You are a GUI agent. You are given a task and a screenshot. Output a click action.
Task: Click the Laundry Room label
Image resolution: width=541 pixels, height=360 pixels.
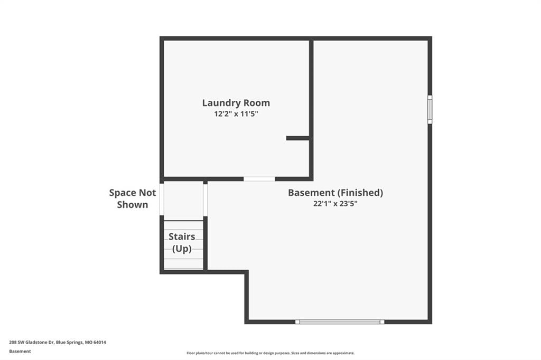coord(236,103)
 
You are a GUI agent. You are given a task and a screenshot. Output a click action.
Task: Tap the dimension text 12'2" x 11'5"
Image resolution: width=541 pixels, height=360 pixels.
coord(236,114)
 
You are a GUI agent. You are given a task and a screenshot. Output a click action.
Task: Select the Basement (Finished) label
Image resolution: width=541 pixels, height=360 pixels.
coord(335,193)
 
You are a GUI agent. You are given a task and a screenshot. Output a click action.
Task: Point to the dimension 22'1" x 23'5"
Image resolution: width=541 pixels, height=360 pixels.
coord(335,203)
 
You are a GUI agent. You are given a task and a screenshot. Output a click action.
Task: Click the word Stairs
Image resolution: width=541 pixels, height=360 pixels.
coord(182,236)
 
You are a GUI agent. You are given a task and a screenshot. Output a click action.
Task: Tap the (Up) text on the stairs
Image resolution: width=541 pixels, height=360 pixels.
coord(182,249)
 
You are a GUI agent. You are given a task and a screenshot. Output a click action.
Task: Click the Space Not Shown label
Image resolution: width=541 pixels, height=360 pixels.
coord(133,198)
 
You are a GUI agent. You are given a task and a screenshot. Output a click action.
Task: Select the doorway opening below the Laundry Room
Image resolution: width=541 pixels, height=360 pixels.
coord(259,178)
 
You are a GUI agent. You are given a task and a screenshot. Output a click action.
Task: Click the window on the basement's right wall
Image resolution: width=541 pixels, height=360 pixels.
coord(430,109)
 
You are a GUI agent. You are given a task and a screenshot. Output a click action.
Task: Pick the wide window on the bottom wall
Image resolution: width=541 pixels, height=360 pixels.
coord(340,321)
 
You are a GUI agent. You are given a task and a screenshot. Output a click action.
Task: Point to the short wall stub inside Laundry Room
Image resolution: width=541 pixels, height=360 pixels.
coord(298,138)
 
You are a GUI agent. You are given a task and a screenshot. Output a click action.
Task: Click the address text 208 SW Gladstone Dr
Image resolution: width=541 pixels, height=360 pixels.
coord(32,343)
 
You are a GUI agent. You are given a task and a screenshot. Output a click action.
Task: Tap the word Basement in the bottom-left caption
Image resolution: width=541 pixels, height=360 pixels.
coord(20,352)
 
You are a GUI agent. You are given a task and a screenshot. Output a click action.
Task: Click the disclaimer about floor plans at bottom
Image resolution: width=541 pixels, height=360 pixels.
coord(270,353)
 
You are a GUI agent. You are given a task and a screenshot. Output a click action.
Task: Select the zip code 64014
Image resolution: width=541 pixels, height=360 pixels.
coord(100,343)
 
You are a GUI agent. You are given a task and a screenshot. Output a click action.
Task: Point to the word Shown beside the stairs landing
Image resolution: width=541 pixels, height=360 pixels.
coord(133,204)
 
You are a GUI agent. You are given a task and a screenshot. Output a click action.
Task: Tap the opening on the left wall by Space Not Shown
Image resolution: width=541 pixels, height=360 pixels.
coord(162,199)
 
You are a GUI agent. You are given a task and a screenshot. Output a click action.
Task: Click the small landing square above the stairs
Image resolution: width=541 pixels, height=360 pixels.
coord(183,201)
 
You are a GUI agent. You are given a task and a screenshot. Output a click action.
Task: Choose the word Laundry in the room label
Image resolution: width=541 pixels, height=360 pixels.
coord(221,103)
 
